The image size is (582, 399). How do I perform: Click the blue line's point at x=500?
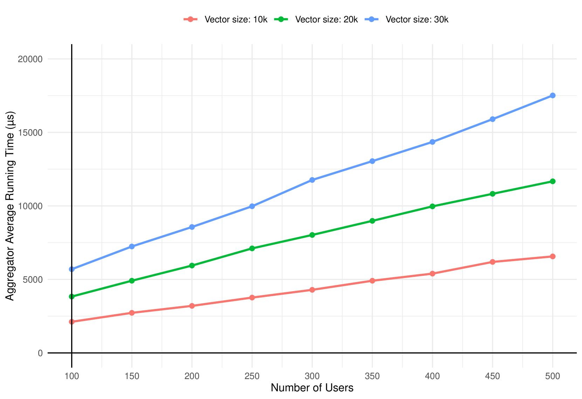click(x=553, y=96)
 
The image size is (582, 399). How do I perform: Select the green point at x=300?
click(x=312, y=235)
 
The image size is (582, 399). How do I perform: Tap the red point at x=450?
click(x=493, y=262)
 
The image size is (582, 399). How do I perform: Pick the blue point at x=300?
click(x=312, y=180)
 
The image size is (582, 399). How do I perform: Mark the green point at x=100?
click(x=72, y=296)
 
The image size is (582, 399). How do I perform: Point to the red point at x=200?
click(x=192, y=306)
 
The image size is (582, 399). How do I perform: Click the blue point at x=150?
click(x=132, y=246)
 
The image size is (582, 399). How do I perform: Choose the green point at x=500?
click(x=553, y=181)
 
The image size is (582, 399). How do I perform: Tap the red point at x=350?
click(x=372, y=281)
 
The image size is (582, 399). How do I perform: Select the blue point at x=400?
click(x=432, y=142)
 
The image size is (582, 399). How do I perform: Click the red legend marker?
click(x=190, y=19)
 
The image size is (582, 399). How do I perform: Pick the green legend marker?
click(x=281, y=19)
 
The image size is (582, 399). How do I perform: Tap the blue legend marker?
click(x=371, y=19)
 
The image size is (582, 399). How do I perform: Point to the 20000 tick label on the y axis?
click(x=30, y=59)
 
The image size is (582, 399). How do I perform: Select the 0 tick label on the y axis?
click(x=40, y=353)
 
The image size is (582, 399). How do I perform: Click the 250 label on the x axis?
click(x=252, y=376)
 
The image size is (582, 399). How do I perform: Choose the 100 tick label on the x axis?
click(x=72, y=376)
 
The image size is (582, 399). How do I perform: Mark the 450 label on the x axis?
click(x=493, y=376)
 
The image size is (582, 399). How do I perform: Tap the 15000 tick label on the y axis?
click(x=30, y=132)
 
